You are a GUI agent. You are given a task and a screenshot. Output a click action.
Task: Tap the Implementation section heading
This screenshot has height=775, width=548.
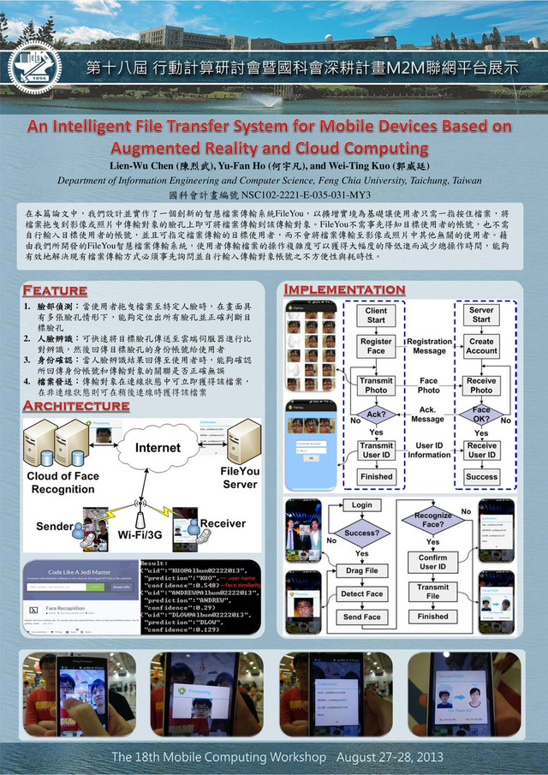pyautogui.click(x=344, y=289)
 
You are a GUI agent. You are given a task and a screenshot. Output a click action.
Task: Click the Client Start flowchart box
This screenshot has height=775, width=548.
pyautogui.click(x=376, y=314)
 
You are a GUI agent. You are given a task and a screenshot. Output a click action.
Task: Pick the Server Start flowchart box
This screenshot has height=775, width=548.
pyautogui.click(x=481, y=314)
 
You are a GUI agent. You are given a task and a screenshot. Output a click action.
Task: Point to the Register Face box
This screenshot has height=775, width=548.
pyautogui.click(x=376, y=346)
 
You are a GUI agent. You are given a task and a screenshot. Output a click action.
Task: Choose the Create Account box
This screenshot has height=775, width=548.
pyautogui.click(x=481, y=346)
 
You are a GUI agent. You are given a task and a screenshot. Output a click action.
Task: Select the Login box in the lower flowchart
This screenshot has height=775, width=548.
pyautogui.click(x=361, y=506)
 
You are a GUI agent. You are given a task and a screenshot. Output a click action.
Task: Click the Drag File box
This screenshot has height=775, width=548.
pyautogui.click(x=361, y=570)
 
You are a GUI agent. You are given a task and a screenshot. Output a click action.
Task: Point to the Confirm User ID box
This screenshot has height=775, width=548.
pyautogui.click(x=432, y=562)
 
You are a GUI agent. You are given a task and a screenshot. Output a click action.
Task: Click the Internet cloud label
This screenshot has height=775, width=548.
pyautogui.click(x=158, y=447)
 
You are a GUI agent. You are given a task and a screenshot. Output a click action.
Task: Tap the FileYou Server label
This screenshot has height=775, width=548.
pyautogui.click(x=241, y=478)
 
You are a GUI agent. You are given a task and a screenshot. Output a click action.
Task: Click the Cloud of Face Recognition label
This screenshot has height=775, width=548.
pyautogui.click(x=63, y=483)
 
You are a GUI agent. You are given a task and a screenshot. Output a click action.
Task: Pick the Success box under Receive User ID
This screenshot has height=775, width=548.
pyautogui.click(x=481, y=476)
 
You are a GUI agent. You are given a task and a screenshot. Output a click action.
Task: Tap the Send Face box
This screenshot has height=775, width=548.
pyautogui.click(x=361, y=617)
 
